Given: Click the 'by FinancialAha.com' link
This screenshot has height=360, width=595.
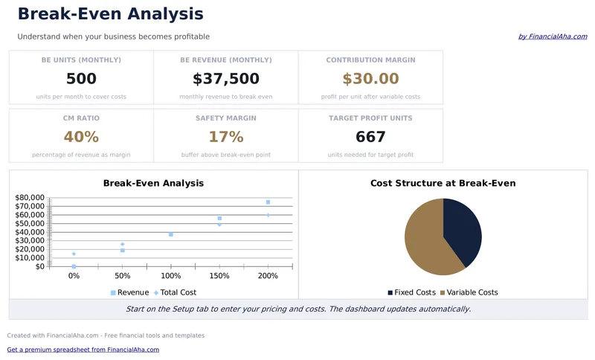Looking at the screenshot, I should [x=553, y=36].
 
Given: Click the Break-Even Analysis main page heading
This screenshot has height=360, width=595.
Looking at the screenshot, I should [x=110, y=14].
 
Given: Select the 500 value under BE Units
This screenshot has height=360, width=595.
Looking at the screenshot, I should [x=81, y=79].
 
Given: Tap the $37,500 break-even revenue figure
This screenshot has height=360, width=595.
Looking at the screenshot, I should [x=226, y=79].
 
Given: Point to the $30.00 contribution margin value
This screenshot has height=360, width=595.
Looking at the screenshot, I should [x=370, y=79].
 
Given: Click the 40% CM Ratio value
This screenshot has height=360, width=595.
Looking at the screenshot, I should [x=81, y=137].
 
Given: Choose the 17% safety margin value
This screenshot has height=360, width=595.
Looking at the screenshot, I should [x=226, y=137].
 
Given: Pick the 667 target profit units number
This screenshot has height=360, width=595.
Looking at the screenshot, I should [x=370, y=137].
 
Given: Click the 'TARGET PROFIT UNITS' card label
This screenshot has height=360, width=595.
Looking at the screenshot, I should [x=370, y=118].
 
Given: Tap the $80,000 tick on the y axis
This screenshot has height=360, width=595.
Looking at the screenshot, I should [x=30, y=198].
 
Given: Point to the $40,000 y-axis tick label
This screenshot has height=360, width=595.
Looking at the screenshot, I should [x=30, y=232].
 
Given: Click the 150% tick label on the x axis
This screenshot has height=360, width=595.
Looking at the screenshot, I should [x=219, y=276].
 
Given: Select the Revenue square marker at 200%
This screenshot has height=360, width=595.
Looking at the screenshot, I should [x=268, y=202].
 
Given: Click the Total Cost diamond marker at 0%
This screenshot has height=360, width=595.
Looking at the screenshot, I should [x=74, y=254].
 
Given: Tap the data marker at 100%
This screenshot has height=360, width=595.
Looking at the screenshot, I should [x=171, y=234].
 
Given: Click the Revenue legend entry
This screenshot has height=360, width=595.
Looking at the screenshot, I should [x=129, y=292].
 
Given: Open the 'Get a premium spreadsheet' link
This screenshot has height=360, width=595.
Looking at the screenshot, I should [x=83, y=350].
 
